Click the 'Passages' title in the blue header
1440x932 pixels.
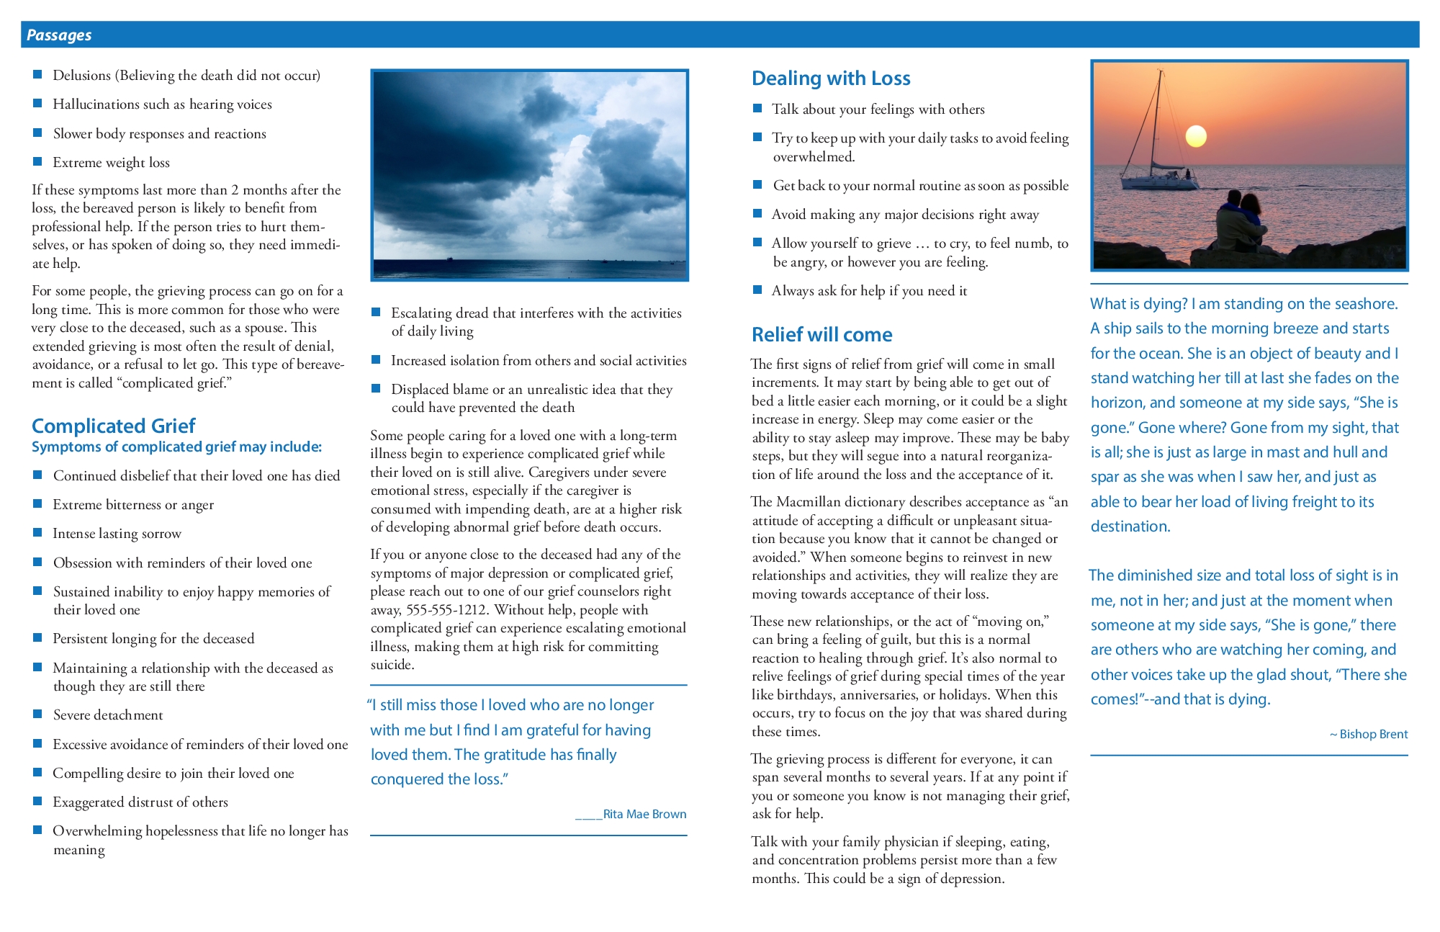(x=59, y=35)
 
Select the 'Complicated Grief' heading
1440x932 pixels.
(x=113, y=426)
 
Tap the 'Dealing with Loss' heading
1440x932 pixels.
(x=831, y=78)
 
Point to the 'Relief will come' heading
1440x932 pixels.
(x=822, y=334)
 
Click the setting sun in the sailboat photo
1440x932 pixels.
(x=1195, y=135)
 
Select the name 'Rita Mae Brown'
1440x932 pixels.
(x=644, y=814)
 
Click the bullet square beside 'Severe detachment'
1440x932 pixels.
(x=37, y=714)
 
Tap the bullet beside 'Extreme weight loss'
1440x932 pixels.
(x=37, y=161)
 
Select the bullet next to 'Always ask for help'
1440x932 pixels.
(x=757, y=290)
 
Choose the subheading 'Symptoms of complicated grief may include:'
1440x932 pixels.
(x=176, y=447)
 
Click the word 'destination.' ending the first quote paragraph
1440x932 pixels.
(x=1130, y=527)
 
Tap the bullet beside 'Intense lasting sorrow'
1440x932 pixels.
(x=37, y=532)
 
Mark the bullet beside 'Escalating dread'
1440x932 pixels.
(x=376, y=312)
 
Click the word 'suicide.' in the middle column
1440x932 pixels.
(x=392, y=664)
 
